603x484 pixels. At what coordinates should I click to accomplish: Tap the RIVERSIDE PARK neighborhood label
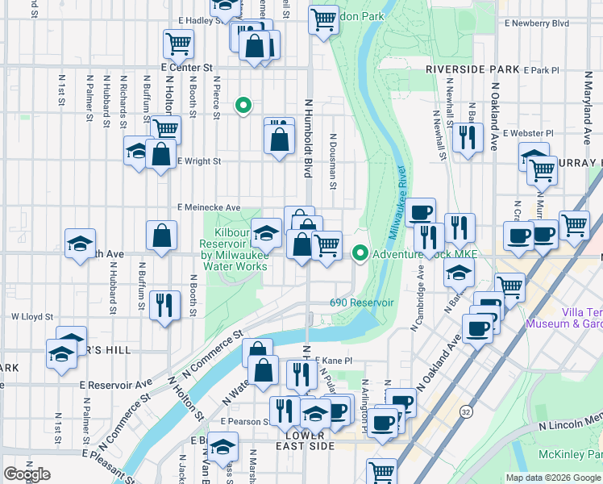[x=472, y=69]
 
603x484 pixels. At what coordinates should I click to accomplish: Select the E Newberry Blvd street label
[x=537, y=23]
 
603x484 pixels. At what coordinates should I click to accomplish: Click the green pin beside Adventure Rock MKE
[x=359, y=254]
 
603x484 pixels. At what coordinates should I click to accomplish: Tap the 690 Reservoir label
[x=361, y=302]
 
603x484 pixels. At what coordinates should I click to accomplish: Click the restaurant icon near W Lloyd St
[x=164, y=305]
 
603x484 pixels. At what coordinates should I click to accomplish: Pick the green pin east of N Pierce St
[x=242, y=105]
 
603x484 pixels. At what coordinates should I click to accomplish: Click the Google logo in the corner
[x=27, y=474]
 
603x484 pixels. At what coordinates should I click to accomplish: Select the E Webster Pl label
[x=528, y=133]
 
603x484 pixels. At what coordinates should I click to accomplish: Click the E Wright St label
[x=198, y=161]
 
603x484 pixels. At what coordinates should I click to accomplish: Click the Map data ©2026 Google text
[x=553, y=478]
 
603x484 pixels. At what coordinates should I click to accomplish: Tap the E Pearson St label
[x=246, y=422]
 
